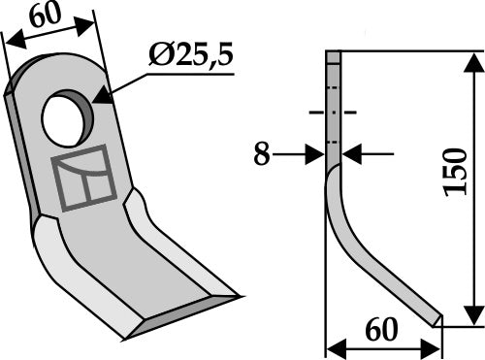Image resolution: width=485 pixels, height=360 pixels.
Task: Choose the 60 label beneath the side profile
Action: [x=382, y=330]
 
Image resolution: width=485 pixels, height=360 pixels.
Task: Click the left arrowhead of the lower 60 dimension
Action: [x=334, y=346]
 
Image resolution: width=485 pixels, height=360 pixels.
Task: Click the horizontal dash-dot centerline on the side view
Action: [x=332, y=113]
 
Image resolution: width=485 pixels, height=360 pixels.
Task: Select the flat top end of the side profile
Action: [x=334, y=55]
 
